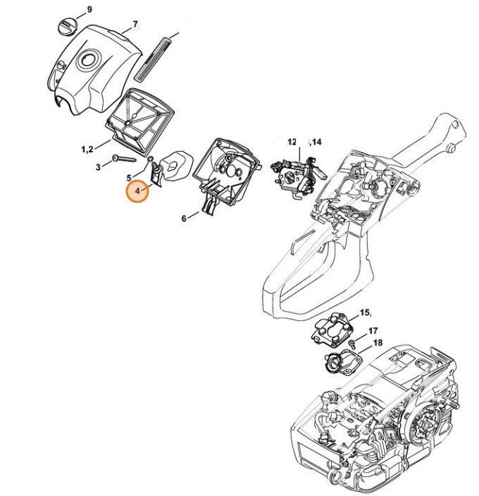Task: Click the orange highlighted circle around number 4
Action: pyautogui.click(x=137, y=190)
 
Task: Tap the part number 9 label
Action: pyautogui.click(x=89, y=9)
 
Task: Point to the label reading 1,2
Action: pyautogui.click(x=87, y=148)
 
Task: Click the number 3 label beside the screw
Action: pyautogui.click(x=97, y=167)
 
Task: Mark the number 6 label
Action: pyautogui.click(x=184, y=219)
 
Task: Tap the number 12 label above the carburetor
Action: pyautogui.click(x=292, y=143)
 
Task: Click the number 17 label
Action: pyautogui.click(x=373, y=330)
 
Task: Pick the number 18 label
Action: pyautogui.click(x=378, y=343)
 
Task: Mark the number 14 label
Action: pyautogui.click(x=316, y=143)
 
